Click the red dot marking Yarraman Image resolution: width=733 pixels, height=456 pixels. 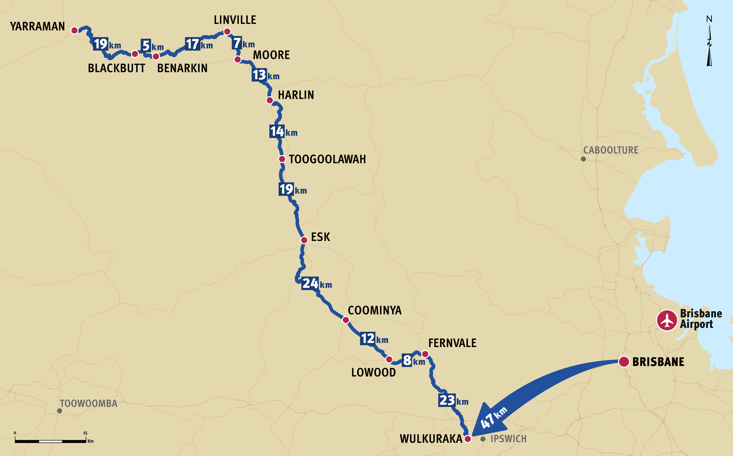point(75,30)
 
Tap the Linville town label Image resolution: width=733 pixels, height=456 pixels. point(235,20)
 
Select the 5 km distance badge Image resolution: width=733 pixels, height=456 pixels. point(146,46)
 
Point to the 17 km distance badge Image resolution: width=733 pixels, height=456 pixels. point(192,44)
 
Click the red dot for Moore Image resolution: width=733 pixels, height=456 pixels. point(238,60)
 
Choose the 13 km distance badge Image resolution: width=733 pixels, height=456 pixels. point(259,75)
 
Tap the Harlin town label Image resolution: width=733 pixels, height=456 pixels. point(296,95)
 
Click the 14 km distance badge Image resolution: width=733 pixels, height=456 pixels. point(277,131)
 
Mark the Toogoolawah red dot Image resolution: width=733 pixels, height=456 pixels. point(282,159)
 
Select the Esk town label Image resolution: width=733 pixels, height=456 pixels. point(320,237)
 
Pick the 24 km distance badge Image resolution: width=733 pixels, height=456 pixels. point(310,283)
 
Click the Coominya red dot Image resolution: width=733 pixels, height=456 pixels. point(346,320)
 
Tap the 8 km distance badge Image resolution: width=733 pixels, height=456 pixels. point(407,361)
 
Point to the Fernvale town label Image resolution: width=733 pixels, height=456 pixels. point(452,343)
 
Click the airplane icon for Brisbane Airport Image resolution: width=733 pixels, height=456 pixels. point(667,320)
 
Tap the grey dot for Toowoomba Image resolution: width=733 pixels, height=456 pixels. point(60,411)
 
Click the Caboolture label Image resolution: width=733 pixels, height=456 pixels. point(610,150)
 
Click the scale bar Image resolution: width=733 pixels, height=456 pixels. point(51,441)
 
